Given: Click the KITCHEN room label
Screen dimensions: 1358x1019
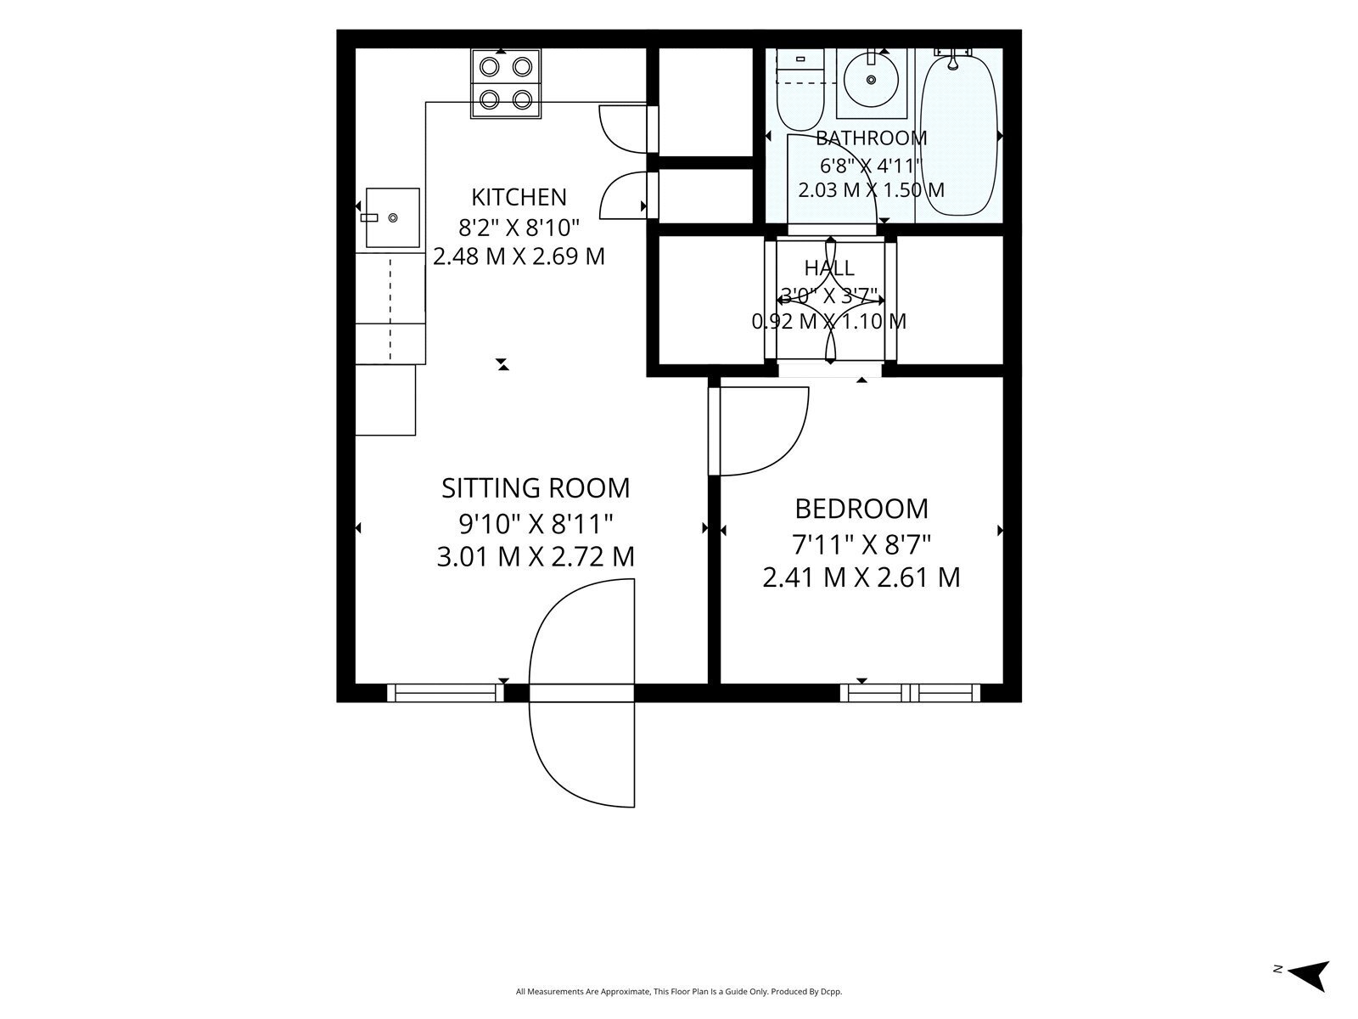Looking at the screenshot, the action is pyautogui.click(x=519, y=197).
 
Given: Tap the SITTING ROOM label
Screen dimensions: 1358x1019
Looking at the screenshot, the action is pyautogui.click(x=536, y=488).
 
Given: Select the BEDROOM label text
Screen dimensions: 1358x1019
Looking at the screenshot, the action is pyautogui.click(x=861, y=509).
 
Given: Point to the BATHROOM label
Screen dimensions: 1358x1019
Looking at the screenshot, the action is pyautogui.click(x=871, y=138).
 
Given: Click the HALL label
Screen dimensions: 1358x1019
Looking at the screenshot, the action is pyautogui.click(x=829, y=267).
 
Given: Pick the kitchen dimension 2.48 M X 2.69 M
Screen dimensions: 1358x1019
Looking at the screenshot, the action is pyautogui.click(x=519, y=256).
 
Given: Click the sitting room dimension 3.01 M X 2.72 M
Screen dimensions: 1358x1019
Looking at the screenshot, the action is pyautogui.click(x=536, y=557).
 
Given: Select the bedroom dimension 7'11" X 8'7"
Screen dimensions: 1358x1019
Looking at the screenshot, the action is pyautogui.click(x=861, y=545).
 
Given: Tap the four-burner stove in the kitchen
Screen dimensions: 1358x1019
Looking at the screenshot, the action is pyautogui.click(x=506, y=83).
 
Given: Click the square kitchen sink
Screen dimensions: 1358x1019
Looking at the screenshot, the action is pyautogui.click(x=393, y=217).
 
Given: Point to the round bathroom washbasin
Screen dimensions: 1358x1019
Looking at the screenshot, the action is pyautogui.click(x=871, y=80).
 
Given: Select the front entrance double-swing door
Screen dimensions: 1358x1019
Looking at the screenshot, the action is pyautogui.click(x=581, y=693).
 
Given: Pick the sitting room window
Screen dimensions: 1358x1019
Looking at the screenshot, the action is pyautogui.click(x=446, y=693).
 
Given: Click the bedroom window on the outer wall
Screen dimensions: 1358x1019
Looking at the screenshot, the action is pyautogui.click(x=910, y=693).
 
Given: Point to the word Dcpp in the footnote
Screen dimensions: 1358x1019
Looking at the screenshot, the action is pyautogui.click(x=832, y=992).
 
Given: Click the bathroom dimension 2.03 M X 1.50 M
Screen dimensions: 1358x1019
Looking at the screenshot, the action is pyautogui.click(x=871, y=190).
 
